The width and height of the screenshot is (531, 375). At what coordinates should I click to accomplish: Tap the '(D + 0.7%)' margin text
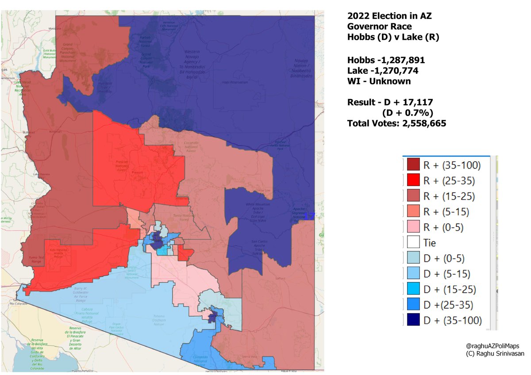click(407, 112)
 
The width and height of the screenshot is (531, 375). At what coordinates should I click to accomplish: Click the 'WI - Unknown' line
click(379, 81)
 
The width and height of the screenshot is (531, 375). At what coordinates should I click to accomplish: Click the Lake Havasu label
click(39, 174)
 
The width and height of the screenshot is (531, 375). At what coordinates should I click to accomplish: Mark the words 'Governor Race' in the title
click(379, 27)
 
